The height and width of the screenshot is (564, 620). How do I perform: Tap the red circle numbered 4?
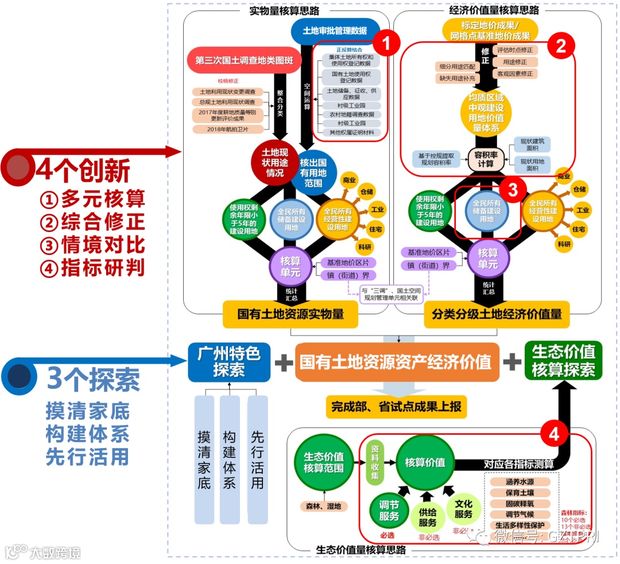pyautogui.click(x=553, y=434)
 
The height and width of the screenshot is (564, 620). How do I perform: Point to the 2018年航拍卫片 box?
pyautogui.click(x=228, y=129)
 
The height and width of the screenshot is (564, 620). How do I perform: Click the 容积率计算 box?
pyautogui.click(x=486, y=159)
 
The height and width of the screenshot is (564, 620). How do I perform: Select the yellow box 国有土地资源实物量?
pyautogui.click(x=290, y=314)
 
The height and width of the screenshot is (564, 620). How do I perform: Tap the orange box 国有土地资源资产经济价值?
pyautogui.click(x=397, y=362)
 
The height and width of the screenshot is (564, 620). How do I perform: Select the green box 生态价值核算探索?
pyautogui.click(x=563, y=361)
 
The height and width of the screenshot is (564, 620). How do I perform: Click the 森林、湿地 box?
pyautogui.click(x=324, y=506)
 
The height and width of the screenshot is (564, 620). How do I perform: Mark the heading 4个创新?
pyautogui.click(x=83, y=170)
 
